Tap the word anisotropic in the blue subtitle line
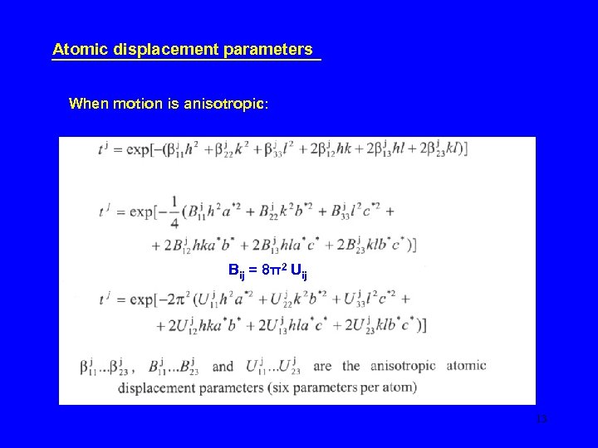click(223, 104)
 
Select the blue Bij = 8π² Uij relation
click(267, 271)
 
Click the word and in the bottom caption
click(223, 365)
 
